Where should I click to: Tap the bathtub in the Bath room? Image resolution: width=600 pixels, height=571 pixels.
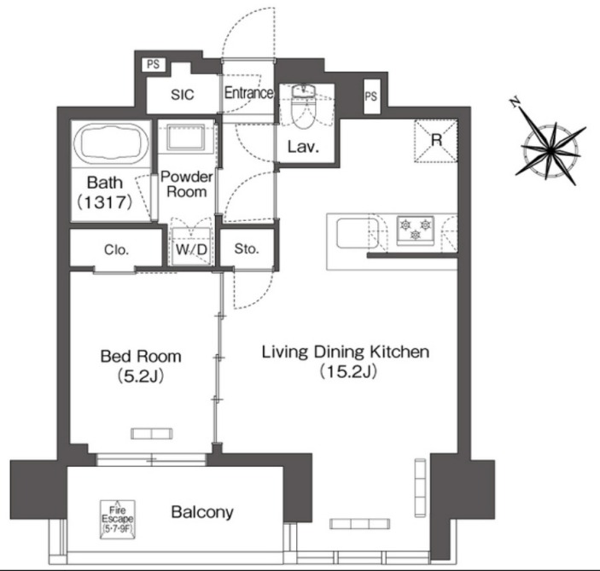[111, 143]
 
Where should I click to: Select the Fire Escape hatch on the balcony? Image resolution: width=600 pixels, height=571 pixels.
[118, 519]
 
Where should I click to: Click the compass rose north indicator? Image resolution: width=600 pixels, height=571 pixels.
[516, 102]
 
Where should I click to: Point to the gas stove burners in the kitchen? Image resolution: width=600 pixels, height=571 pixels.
[416, 230]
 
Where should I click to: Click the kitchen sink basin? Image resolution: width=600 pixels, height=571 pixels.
[358, 233]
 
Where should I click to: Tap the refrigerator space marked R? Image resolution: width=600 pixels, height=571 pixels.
[436, 141]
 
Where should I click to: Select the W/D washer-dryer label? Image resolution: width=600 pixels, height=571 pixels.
[191, 249]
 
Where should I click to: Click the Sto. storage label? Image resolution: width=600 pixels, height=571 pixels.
[247, 248]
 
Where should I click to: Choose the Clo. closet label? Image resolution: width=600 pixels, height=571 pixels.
[116, 250]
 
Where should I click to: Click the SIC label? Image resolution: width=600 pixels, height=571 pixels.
[183, 95]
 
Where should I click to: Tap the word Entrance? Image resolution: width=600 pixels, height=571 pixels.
[248, 93]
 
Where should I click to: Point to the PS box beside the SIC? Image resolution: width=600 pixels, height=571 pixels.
[154, 64]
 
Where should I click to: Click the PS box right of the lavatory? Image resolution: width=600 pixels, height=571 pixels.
[370, 96]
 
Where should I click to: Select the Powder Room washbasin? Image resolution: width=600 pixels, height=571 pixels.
[186, 137]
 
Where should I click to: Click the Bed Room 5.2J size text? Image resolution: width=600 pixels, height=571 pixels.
[141, 376]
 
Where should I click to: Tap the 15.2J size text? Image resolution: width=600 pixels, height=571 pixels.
[348, 370]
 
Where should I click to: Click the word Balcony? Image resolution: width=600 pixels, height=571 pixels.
[202, 512]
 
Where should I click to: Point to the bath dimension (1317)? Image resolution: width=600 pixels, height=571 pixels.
[105, 201]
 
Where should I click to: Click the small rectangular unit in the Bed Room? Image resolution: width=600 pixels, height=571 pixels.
[152, 434]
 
